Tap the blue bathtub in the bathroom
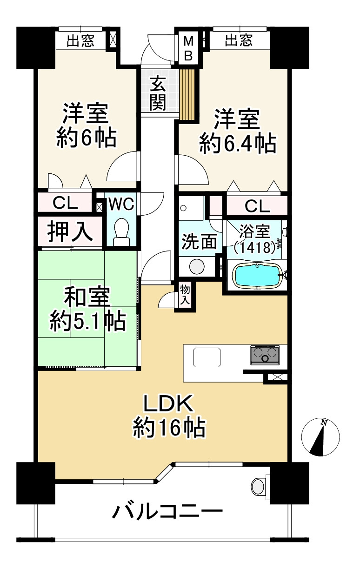click(258, 275)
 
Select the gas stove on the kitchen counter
click(265, 355)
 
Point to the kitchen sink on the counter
click(207, 357)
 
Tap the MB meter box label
click(188, 48)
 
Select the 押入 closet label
click(70, 232)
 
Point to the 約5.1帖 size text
click(88, 321)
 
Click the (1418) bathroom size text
click(254, 247)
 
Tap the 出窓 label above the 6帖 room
click(80, 41)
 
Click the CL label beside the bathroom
click(257, 206)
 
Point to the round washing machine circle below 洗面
click(197, 266)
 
